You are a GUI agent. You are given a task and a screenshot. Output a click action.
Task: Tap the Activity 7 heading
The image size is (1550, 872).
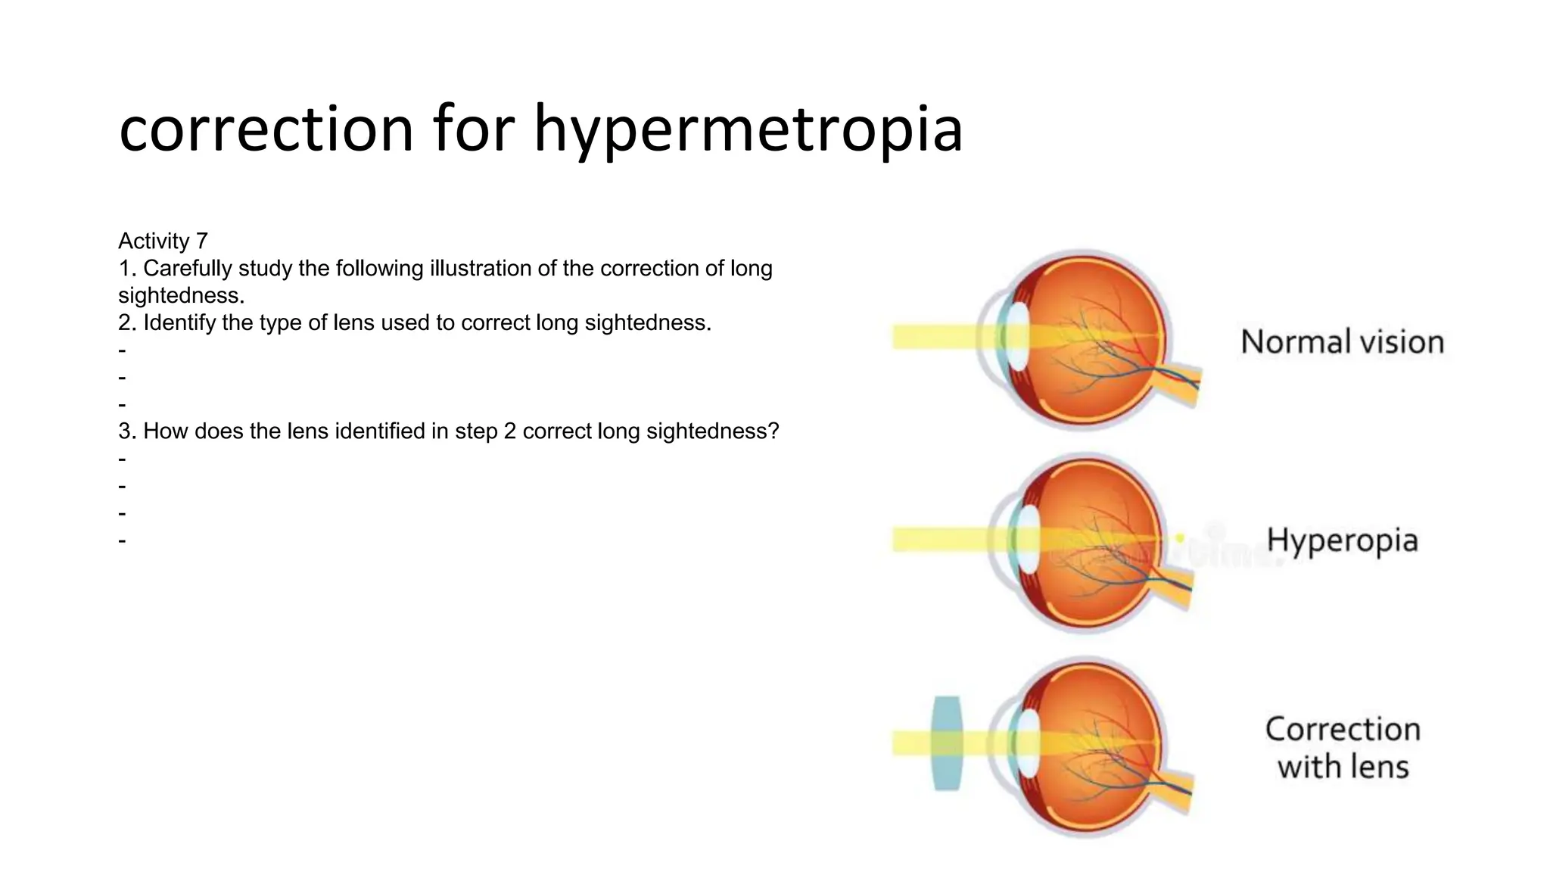pyautogui.click(x=163, y=241)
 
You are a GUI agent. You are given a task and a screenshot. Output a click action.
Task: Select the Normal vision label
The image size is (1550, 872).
pyautogui.click(x=1342, y=342)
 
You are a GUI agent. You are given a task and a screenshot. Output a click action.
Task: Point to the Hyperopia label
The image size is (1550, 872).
pyautogui.click(x=1342, y=540)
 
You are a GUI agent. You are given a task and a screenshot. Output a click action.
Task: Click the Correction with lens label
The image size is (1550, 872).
pyautogui.click(x=1343, y=748)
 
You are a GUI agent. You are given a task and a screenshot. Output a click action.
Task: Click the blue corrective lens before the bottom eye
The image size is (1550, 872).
pyautogui.click(x=947, y=743)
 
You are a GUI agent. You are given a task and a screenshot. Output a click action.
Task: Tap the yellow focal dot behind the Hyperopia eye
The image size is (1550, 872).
pyautogui.click(x=1179, y=538)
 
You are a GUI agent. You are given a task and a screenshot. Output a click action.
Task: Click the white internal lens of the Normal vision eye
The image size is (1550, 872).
pyautogui.click(x=1019, y=337)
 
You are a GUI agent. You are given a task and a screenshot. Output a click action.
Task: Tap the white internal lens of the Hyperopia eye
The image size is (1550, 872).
pyautogui.click(x=1029, y=539)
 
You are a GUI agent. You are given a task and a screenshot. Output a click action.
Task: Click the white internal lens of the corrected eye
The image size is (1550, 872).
pyautogui.click(x=1028, y=743)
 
